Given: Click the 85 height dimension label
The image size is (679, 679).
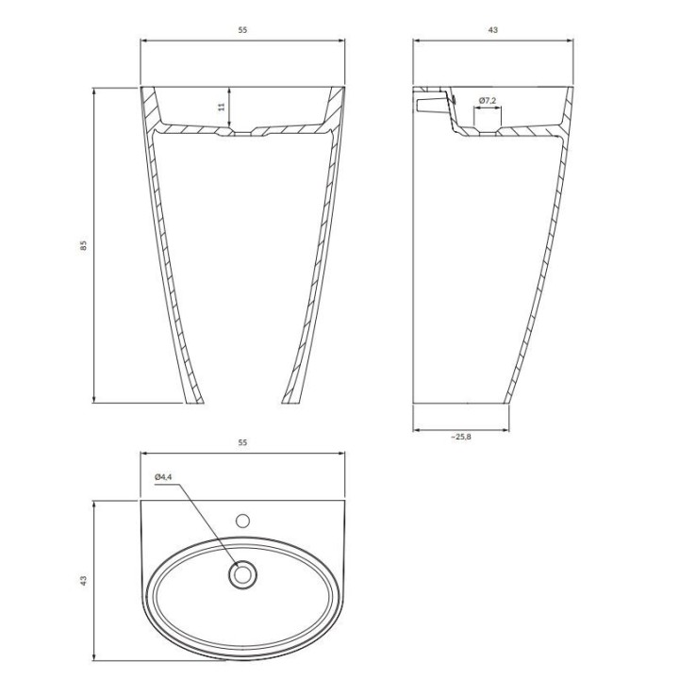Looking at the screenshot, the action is coord(84,245).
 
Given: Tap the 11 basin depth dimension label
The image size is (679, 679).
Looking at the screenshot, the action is coord(223,107).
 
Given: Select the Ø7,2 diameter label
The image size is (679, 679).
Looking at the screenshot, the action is coord(488,101).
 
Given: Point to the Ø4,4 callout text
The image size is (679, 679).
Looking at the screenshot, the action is coord(163,477).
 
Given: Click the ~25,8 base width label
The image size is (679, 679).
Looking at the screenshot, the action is coord(461,437).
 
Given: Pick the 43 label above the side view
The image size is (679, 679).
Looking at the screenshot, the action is coord(493,30).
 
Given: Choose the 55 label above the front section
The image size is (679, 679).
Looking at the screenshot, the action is coord(242,30).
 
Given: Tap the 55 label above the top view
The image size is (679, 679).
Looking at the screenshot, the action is coord(242,442).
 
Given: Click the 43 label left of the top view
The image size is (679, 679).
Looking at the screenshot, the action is coord(84,581).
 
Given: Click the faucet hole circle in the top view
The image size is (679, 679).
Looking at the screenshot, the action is coord(242,521).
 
